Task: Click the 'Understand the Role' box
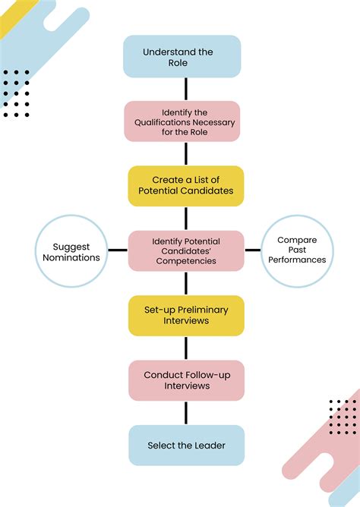pyautogui.click(x=182, y=57)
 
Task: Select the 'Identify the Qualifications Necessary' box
pyautogui.click(x=182, y=121)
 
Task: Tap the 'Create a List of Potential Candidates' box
pyautogui.click(x=185, y=186)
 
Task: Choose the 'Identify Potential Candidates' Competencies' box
pyautogui.click(x=186, y=250)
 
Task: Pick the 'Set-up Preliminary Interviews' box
pyautogui.click(x=185, y=316)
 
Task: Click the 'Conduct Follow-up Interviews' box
pyautogui.click(x=186, y=380)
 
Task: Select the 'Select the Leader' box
pyautogui.click(x=186, y=446)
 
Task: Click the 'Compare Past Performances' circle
pyautogui.click(x=297, y=250)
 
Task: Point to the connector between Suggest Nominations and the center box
pyautogui.click(x=117, y=250)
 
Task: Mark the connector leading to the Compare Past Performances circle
pyautogui.click(x=252, y=250)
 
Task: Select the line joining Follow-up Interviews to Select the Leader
pyautogui.click(x=186, y=413)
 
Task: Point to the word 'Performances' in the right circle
pyautogui.click(x=297, y=260)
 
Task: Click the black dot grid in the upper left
pyautogui.click(x=16, y=93)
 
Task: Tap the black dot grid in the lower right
pyautogui.click(x=343, y=417)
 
